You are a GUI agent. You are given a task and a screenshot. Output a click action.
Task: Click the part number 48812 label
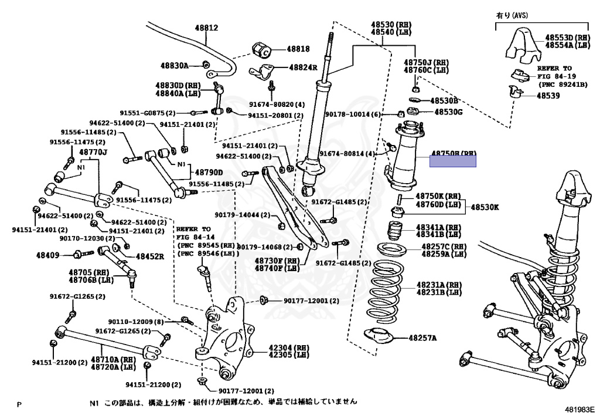(x=206, y=28)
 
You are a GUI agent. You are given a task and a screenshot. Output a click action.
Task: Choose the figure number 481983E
(x=579, y=409)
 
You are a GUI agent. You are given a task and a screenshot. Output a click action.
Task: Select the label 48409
(x=47, y=255)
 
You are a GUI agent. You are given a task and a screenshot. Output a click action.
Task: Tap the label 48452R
(x=151, y=257)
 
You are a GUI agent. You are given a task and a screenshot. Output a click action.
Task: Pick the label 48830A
(x=175, y=66)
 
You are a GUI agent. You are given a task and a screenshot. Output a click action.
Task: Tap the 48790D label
(x=209, y=173)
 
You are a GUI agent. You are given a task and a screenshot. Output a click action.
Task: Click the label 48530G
(x=448, y=112)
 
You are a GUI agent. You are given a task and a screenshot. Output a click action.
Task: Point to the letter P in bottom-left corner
(x=19, y=404)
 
